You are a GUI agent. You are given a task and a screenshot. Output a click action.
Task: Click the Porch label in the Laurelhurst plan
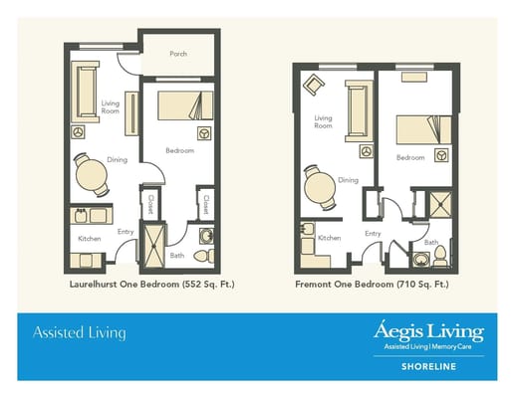178,54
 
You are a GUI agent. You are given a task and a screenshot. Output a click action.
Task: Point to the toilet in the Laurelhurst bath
204,256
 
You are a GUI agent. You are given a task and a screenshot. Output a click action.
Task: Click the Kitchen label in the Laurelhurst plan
90,239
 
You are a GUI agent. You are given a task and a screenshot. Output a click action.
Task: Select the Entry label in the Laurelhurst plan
126,232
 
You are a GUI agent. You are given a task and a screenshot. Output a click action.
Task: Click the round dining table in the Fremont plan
320,186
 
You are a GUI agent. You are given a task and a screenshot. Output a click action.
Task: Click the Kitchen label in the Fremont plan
330,239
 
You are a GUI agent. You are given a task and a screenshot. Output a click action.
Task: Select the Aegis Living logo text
429,330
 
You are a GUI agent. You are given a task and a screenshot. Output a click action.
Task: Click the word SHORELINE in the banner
429,364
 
